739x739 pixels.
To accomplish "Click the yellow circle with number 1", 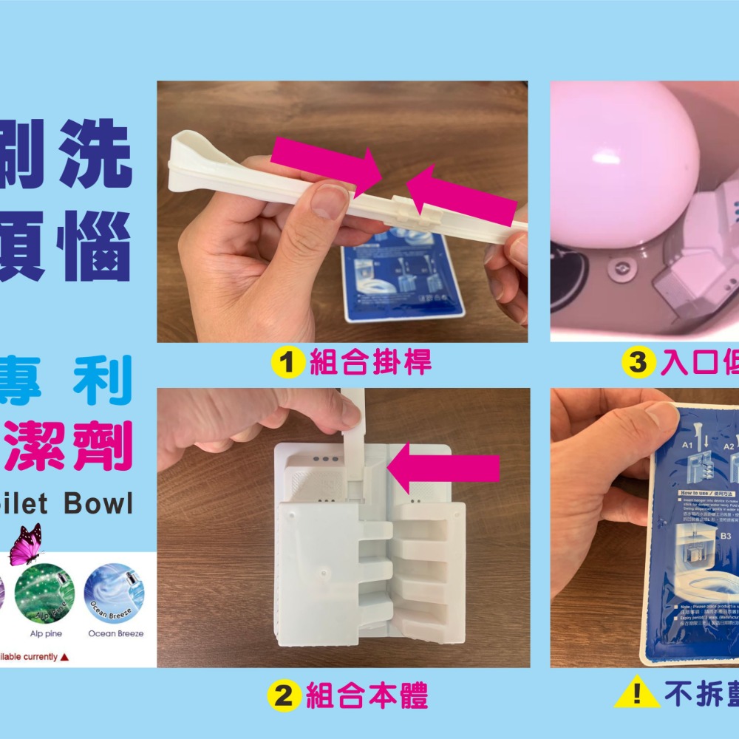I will (x=287, y=363).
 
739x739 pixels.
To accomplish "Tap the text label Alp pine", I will (x=46, y=633).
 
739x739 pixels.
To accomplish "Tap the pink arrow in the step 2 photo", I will (x=443, y=466).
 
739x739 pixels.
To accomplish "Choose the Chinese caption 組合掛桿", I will (x=370, y=363).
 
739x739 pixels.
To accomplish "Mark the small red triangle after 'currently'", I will (x=65, y=657).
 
